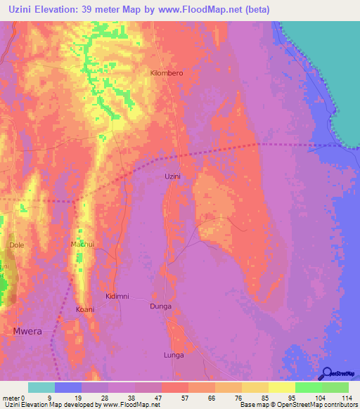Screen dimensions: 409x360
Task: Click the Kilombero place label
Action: pyautogui.click(x=167, y=73)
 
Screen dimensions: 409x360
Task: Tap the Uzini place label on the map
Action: pyautogui.click(x=173, y=176)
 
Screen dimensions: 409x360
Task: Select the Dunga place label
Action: pyautogui.click(x=161, y=306)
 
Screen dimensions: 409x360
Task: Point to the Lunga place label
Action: pyautogui.click(x=173, y=355)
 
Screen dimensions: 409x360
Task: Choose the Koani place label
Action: pyautogui.click(x=85, y=309)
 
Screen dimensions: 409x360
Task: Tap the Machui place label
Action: pyautogui.click(x=83, y=244)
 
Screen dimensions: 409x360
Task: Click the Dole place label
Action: pyautogui.click(x=16, y=245)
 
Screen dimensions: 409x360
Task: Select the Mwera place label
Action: pyautogui.click(x=28, y=329)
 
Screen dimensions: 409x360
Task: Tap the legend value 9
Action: pyautogui.click(x=49, y=397)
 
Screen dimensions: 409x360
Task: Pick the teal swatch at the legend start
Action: pyautogui.click(x=41, y=387)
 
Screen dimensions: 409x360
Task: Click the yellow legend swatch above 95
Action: pyautogui.click(x=281, y=387)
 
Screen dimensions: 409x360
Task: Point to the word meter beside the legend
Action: pyautogui.click(x=11, y=397)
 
